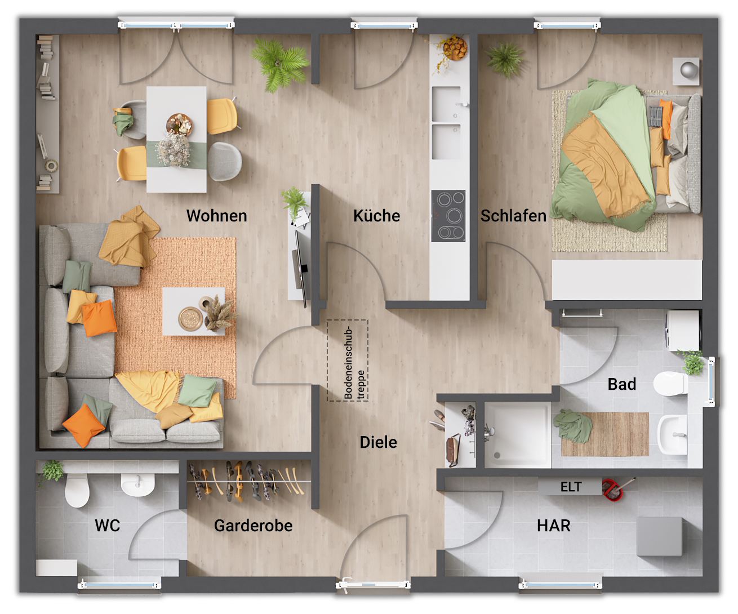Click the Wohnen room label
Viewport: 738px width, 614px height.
[216, 216]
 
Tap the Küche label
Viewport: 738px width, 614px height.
[376, 216]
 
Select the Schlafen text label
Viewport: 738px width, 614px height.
[513, 216]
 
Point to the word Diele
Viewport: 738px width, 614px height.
[378, 442]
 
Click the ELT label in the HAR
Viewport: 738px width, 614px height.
[571, 487]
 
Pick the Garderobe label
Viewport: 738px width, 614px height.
[253, 526]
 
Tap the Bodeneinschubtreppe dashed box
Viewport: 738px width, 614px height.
[348, 361]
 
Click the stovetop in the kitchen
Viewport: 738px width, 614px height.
[448, 216]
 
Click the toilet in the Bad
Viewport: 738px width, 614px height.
[670, 385]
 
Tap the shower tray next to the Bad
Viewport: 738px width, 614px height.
[517, 434]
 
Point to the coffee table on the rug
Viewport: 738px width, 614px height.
[193, 312]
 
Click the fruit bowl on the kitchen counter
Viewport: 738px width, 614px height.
[455, 47]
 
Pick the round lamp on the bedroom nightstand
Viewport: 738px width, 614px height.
[688, 70]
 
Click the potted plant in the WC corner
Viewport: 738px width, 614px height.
[52, 470]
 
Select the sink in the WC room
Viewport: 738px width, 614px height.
[137, 484]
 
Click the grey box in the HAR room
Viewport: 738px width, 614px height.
[659, 536]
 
